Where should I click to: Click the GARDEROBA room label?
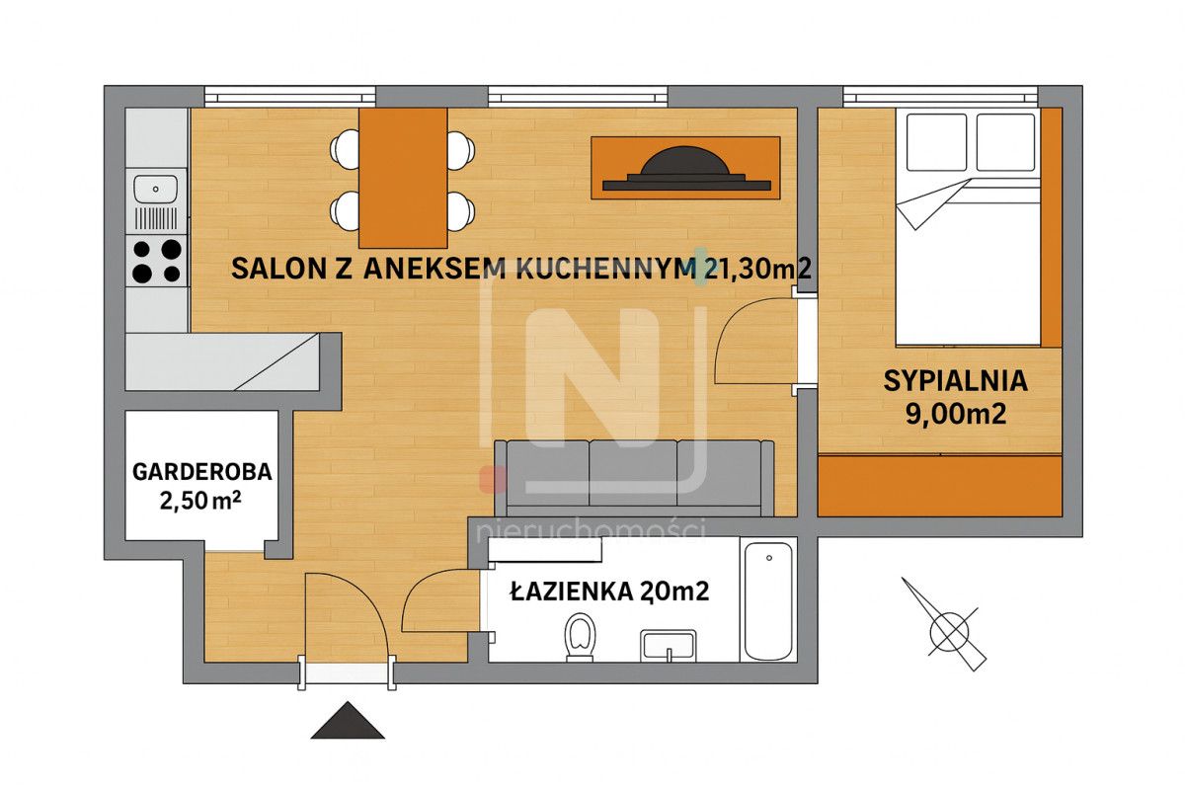point(201,471)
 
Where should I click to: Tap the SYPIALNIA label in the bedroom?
point(956,380)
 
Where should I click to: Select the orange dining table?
point(403,178)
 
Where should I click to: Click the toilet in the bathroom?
point(580,636)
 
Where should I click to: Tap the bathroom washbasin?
point(669,646)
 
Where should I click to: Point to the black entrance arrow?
point(348,721)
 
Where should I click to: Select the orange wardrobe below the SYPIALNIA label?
point(939,485)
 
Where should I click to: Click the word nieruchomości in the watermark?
point(591,531)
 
